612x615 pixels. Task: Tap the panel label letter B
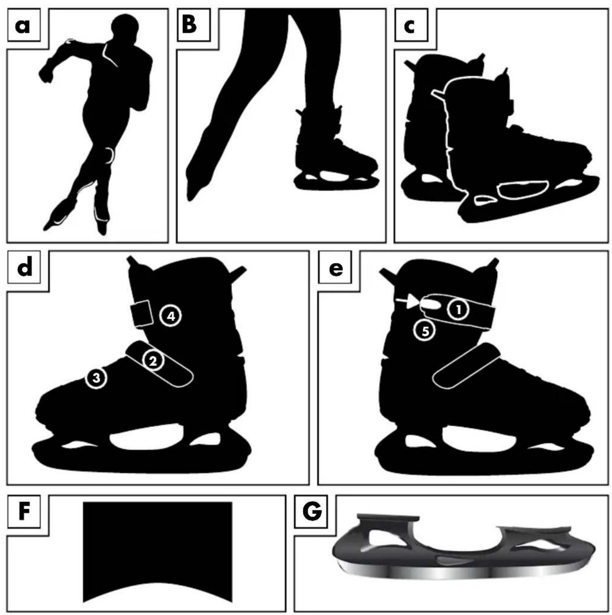click(x=190, y=25)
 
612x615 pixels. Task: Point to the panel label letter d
click(x=24, y=268)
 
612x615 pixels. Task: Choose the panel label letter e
click(x=336, y=269)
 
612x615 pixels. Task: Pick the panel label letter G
click(x=312, y=512)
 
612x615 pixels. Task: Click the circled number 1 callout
click(x=458, y=310)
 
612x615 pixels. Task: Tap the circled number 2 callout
click(x=153, y=360)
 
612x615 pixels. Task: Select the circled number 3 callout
click(x=96, y=378)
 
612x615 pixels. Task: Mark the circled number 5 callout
click(x=425, y=331)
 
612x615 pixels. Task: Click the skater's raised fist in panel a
click(x=46, y=75)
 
